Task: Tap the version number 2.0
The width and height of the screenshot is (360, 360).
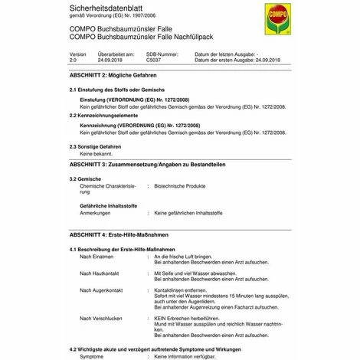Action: (74, 60)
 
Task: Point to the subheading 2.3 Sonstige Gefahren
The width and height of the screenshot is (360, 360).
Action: (95, 146)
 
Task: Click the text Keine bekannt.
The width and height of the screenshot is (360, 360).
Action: (98, 152)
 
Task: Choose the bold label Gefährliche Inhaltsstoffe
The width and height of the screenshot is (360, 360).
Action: (108, 205)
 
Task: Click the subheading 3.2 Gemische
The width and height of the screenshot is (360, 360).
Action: (85, 178)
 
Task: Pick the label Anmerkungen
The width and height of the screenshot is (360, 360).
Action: (97, 212)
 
